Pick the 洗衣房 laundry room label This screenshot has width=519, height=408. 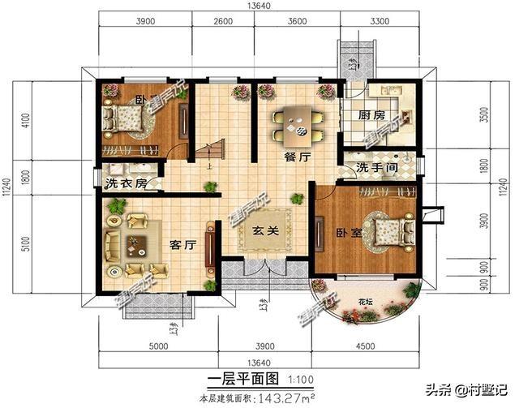pyautogui.click(x=126, y=183)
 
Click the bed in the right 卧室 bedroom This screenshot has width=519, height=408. pyautogui.click(x=387, y=230)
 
